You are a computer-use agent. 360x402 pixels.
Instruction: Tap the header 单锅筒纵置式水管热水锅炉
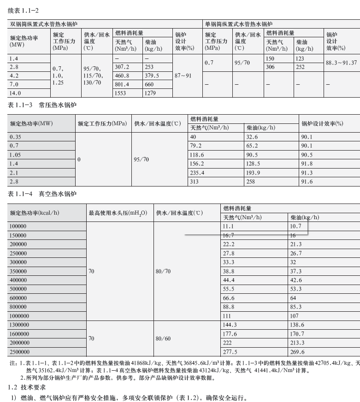238,23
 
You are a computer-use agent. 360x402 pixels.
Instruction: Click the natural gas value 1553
121,93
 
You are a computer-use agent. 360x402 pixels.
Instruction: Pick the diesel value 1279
152,93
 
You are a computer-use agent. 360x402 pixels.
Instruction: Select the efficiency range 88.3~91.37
341,63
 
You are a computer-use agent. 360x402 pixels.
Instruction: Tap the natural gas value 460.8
122,76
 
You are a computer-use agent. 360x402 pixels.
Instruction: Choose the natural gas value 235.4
197,173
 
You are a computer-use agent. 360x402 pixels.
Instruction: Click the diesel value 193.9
253,173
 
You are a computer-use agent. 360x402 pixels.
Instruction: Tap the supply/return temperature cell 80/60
163,338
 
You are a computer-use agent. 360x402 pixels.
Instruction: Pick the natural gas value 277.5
230,352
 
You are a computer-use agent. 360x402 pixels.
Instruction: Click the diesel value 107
294,316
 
